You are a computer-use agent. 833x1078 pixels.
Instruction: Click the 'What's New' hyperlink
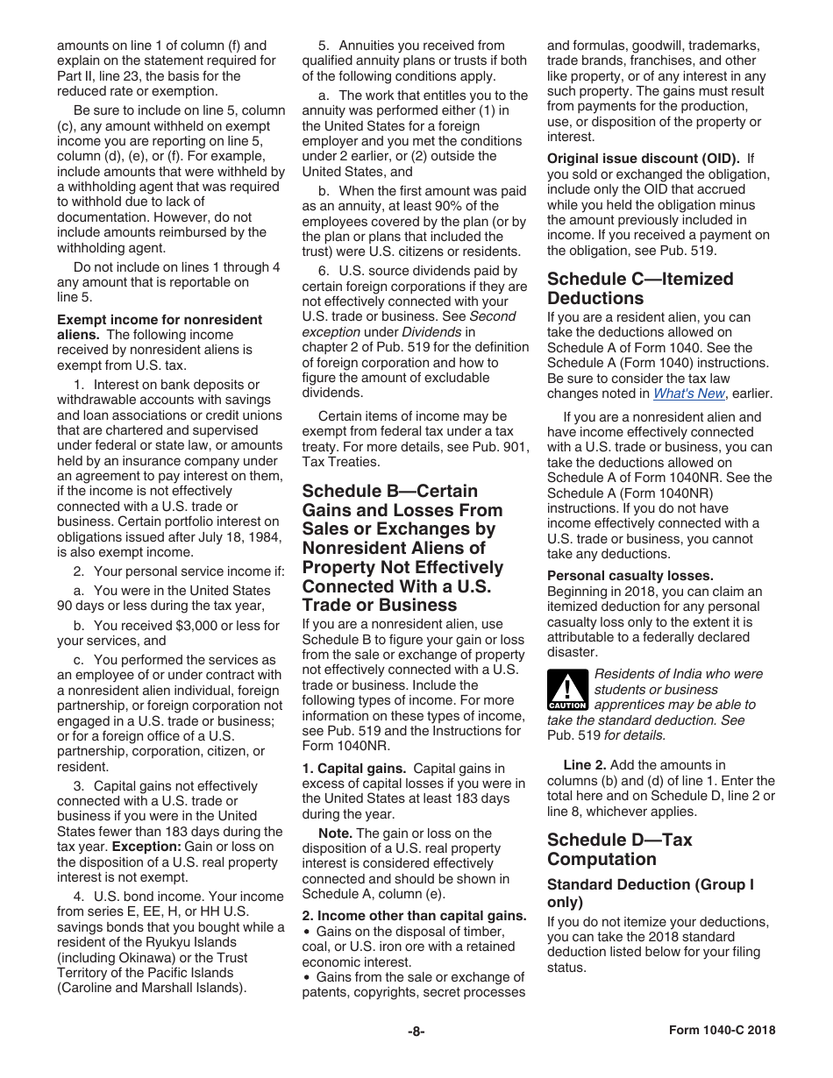(689, 394)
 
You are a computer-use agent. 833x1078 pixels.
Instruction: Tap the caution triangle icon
(566, 689)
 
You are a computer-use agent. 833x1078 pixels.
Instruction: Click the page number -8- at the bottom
(416, 1032)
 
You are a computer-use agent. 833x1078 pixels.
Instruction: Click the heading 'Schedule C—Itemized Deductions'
(640, 288)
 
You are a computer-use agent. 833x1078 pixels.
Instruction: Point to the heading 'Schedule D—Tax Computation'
(619, 849)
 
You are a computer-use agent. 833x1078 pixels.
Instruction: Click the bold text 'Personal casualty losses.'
(618, 576)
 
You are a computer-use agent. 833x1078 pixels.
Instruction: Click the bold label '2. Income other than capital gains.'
(414, 916)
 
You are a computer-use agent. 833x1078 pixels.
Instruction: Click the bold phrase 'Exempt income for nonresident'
(160, 319)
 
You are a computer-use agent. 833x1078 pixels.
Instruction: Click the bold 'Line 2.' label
(584, 765)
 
